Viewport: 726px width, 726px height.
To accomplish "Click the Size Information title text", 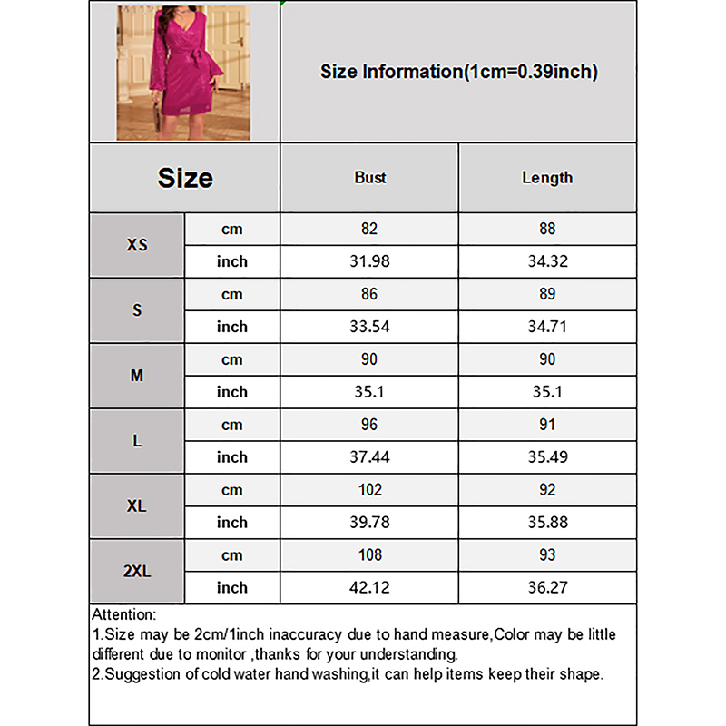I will click(x=458, y=72).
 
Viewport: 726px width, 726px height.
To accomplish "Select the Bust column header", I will click(x=369, y=178).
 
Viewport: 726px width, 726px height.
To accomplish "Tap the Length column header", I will click(x=547, y=178).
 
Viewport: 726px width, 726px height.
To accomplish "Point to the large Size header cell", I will click(x=185, y=178).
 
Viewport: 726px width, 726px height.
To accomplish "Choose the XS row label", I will click(x=137, y=245).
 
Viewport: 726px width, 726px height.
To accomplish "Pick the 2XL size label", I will click(x=137, y=572).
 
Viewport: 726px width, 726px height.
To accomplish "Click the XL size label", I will click(x=137, y=506).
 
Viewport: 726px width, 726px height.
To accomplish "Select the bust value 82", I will click(x=369, y=230).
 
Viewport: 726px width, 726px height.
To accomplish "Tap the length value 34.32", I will click(x=547, y=262).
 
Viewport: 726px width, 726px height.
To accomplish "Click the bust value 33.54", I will click(x=369, y=327).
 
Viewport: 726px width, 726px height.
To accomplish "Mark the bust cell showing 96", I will click(x=369, y=425).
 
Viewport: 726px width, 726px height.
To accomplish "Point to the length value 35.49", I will click(x=547, y=457).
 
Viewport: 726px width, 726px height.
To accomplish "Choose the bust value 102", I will click(x=369, y=490).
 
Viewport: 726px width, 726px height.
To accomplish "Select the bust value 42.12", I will click(x=369, y=588).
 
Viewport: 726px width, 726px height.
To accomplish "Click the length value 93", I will click(x=547, y=555).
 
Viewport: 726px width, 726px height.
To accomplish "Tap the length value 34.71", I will click(x=547, y=327).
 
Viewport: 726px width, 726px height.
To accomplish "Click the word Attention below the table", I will click(x=124, y=615).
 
